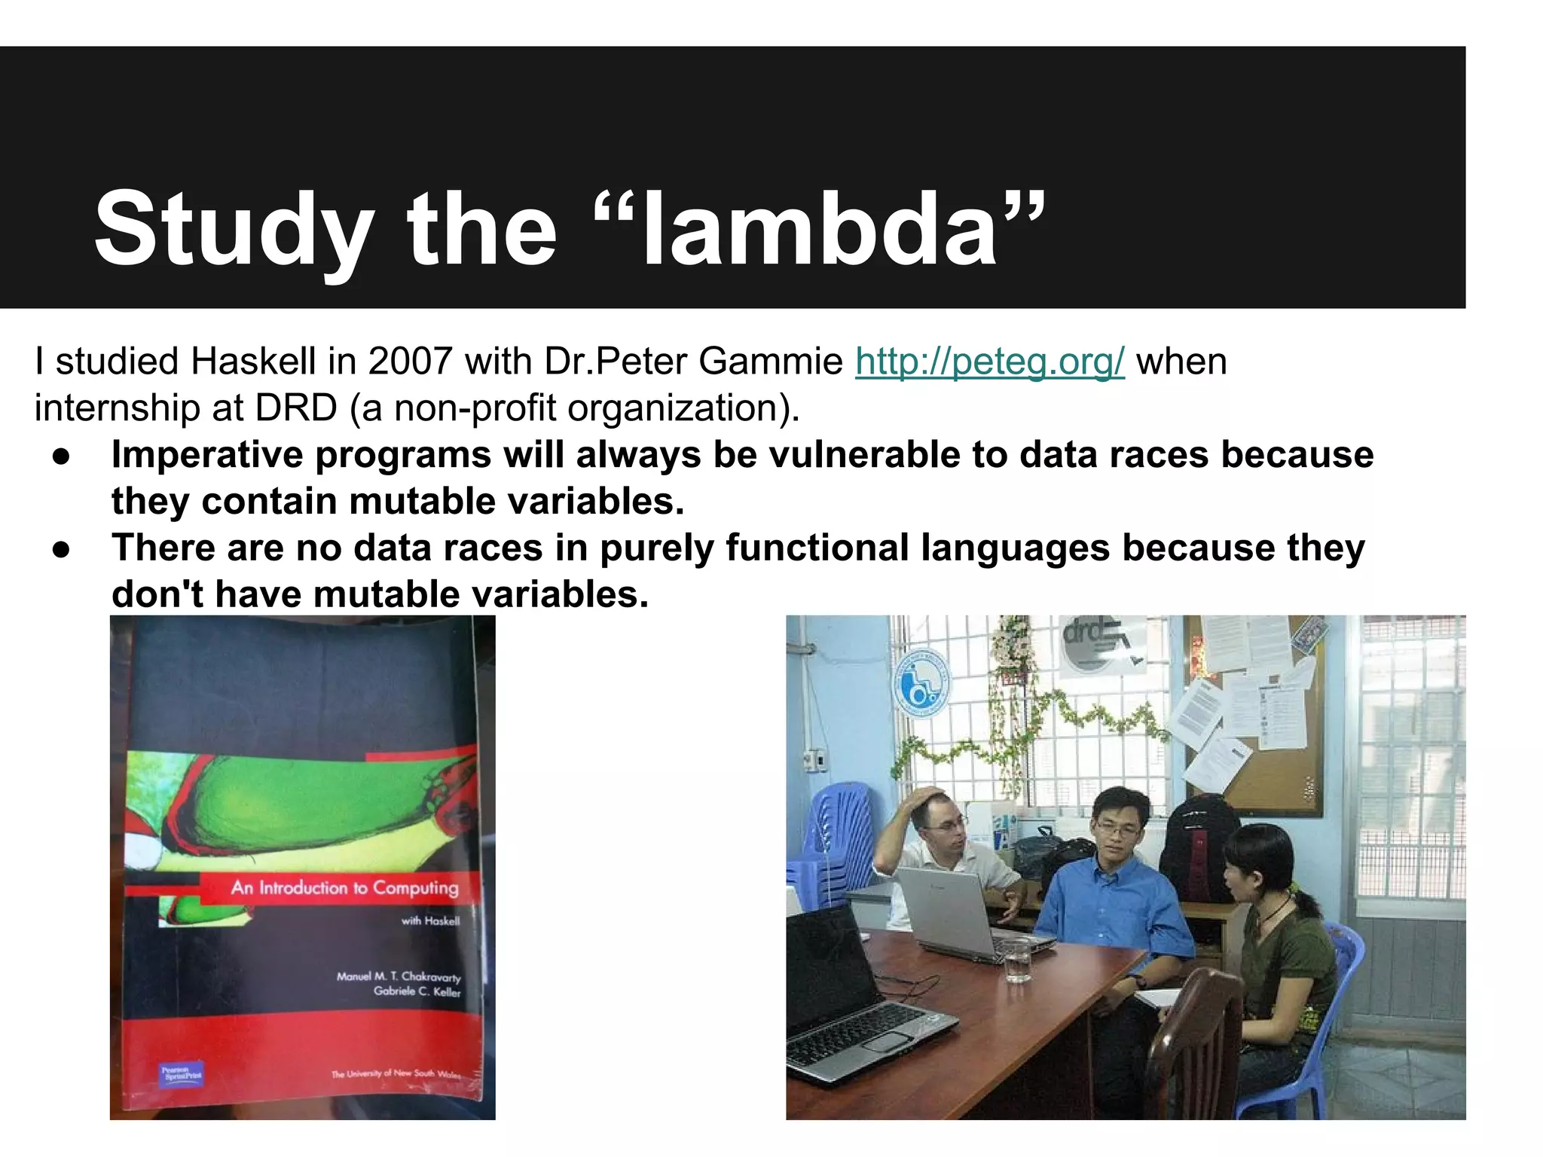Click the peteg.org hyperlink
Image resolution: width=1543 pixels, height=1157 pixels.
click(989, 362)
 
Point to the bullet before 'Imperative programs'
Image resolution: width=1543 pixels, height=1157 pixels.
click(62, 456)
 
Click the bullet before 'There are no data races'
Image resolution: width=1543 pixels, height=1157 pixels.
click(62, 549)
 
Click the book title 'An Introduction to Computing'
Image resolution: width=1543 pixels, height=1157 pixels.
click(344, 887)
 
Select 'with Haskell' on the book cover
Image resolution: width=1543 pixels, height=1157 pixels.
click(429, 920)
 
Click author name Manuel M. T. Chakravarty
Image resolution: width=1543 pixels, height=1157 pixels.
click(398, 976)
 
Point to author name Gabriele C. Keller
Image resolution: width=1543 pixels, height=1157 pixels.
click(417, 991)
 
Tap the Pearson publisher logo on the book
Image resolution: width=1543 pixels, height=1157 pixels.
click(182, 1073)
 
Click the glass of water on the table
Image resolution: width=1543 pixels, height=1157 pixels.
click(1017, 960)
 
